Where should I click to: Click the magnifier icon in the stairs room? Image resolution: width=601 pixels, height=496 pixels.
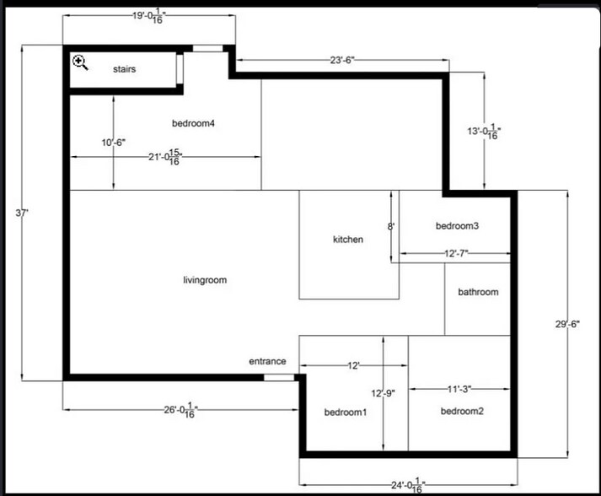80,62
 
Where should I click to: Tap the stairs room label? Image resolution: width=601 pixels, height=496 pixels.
124,69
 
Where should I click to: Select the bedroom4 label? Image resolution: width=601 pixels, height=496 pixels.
193,123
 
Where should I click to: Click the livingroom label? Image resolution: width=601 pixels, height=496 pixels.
205,280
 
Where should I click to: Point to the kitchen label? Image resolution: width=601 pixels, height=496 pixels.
348,240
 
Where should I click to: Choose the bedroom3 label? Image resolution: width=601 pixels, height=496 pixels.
457,226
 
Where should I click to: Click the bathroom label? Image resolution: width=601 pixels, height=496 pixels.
478,293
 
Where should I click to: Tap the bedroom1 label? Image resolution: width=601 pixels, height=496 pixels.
346,412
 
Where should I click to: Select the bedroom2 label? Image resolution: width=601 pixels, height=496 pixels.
462,411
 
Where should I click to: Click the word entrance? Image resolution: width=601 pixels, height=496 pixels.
267,361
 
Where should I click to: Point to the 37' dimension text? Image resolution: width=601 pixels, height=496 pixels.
23,213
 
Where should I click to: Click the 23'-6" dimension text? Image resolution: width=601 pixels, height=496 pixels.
342,60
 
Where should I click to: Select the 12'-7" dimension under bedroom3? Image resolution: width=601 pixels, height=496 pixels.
455,253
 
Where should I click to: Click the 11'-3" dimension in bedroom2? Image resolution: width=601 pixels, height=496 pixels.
459,389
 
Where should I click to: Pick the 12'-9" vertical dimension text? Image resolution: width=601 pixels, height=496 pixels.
383,392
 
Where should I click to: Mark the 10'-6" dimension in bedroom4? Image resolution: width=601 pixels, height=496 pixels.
113,143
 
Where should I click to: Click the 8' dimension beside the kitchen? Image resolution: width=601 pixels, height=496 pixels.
390,226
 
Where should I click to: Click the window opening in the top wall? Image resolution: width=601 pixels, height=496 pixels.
208,48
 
